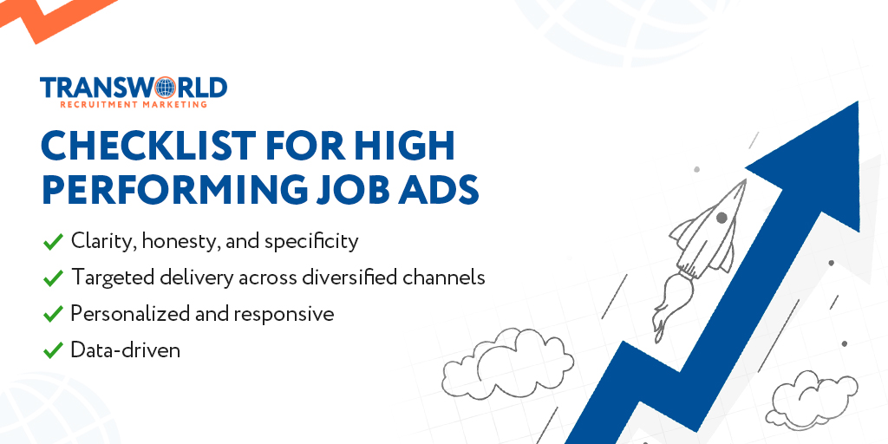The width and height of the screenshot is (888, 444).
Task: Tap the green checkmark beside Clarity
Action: [x=53, y=241]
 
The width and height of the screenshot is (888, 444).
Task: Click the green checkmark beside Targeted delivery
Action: [x=53, y=277]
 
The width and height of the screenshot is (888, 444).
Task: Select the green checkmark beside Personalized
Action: [x=53, y=314]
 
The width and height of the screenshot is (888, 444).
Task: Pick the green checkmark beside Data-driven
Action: [x=53, y=350]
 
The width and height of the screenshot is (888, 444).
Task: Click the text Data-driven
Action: [x=125, y=350]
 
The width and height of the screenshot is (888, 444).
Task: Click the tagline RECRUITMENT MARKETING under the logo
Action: [x=134, y=104]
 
